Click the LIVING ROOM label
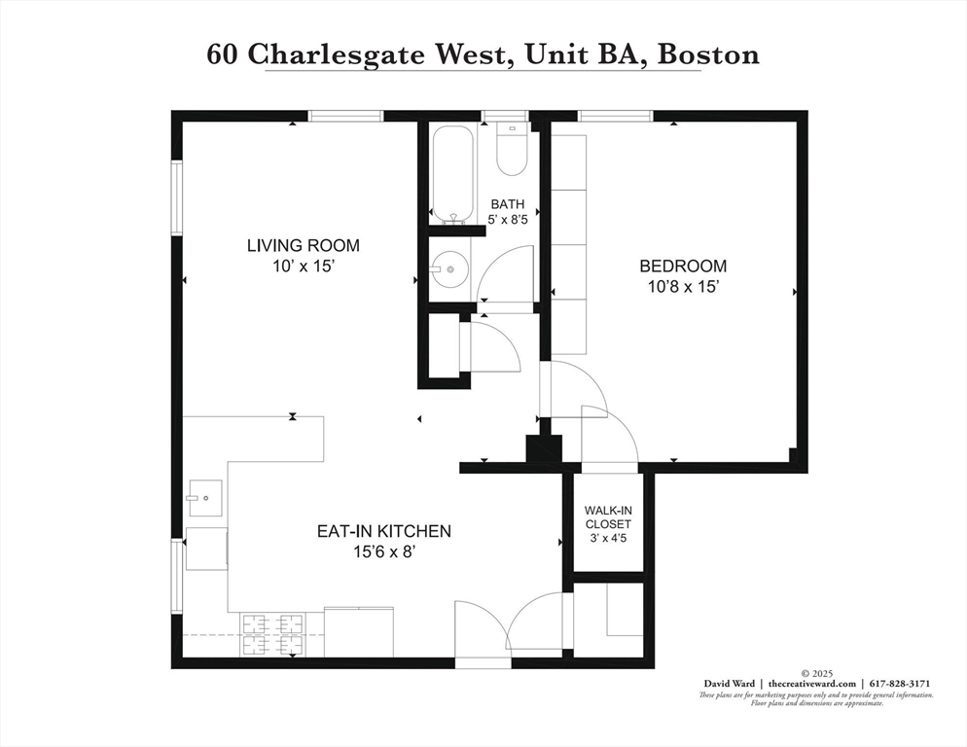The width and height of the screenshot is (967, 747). (303, 245)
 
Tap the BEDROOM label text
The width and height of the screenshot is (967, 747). (682, 266)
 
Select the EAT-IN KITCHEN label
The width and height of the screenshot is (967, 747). (383, 531)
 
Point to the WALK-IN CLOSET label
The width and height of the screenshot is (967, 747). (607, 517)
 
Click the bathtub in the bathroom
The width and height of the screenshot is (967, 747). (451, 173)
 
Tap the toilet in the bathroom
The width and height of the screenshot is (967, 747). (511, 148)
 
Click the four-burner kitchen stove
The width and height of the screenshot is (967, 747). (273, 635)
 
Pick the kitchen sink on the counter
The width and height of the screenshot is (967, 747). (204, 499)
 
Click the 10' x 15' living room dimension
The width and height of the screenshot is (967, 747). (303, 267)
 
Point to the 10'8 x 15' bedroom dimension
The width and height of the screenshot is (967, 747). (682, 287)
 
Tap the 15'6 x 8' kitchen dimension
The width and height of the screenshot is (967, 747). (383, 551)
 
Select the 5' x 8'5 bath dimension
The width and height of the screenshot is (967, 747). (507, 220)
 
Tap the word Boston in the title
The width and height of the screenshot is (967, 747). (708, 53)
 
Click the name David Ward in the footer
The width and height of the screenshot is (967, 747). (733, 684)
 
